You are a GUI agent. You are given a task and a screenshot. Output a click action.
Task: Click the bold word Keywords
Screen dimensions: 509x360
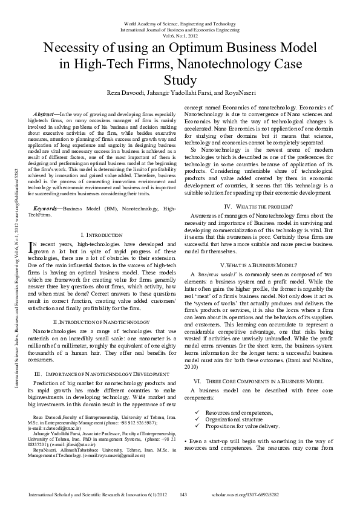46,208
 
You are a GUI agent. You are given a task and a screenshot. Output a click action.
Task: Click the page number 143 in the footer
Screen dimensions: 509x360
184,494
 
